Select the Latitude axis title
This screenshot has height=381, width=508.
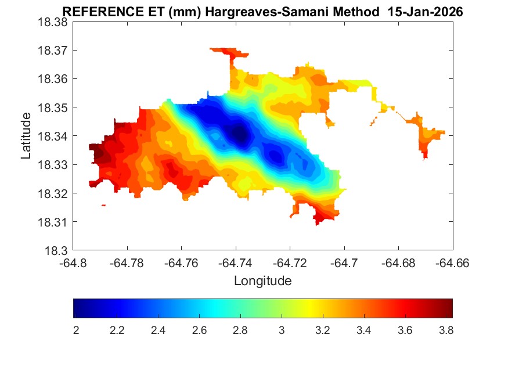click(26, 136)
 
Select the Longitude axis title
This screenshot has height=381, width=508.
click(262, 281)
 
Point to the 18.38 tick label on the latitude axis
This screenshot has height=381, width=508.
click(53, 21)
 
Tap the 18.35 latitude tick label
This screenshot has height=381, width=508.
click(53, 107)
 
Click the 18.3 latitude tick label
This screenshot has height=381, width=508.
click(58, 251)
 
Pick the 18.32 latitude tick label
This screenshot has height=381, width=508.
click(53, 193)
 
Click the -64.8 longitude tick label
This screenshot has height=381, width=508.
click(74, 263)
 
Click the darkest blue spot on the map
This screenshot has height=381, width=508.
click(239, 134)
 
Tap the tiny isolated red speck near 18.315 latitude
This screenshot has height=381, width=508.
click(103, 205)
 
